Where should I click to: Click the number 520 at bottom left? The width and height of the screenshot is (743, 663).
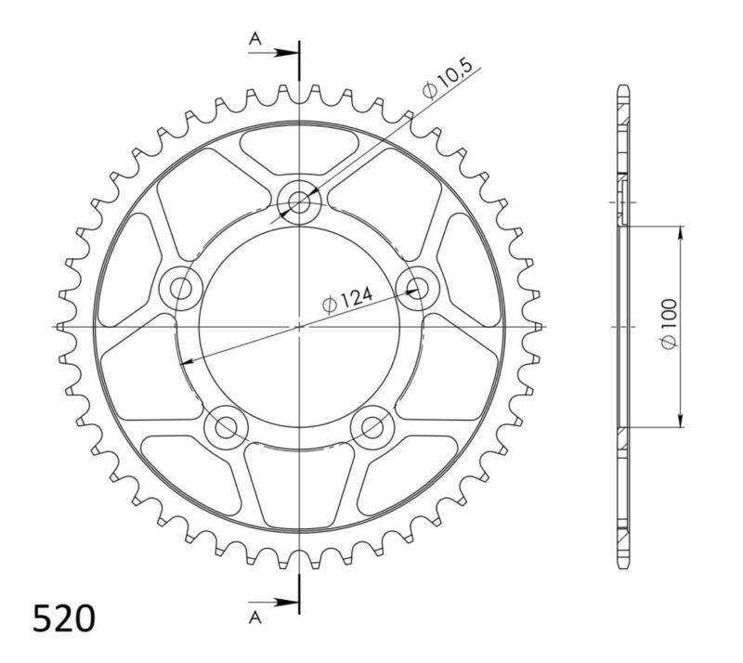pos(63,617)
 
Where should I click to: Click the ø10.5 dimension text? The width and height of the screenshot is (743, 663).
pos(450,79)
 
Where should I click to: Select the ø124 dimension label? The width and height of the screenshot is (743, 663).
pos(348,300)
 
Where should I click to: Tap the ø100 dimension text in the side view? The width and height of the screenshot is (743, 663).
pos(669,325)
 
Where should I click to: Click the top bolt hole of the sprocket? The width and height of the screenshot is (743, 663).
pos(300,200)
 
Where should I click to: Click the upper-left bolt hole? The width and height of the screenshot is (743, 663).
pos(180,287)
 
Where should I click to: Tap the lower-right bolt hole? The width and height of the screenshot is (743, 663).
pos(373,427)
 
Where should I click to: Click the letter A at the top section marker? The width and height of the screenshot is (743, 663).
pos(254,38)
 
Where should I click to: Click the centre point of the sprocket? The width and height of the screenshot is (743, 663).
pos(300,326)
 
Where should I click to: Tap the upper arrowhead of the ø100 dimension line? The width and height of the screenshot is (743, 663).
pos(681,232)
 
